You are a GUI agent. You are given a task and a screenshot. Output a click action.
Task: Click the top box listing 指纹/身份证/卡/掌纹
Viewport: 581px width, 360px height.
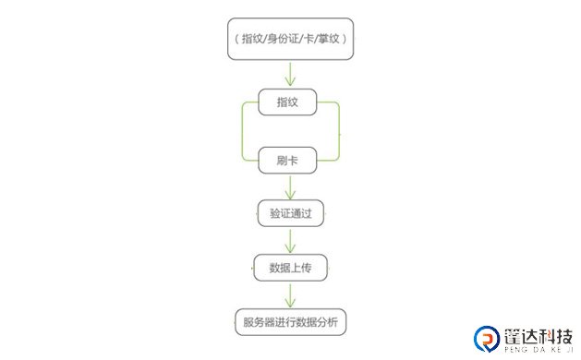pyautogui.click(x=291, y=39)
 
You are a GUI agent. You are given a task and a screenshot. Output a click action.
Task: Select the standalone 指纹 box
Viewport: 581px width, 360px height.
pyautogui.click(x=290, y=102)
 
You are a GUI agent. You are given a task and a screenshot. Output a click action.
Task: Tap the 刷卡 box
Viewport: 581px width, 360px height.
pyautogui.click(x=290, y=160)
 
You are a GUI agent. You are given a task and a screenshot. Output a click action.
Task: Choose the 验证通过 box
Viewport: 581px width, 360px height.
pyautogui.click(x=290, y=214)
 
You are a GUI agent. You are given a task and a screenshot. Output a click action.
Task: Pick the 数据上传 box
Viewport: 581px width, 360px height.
pyautogui.click(x=290, y=268)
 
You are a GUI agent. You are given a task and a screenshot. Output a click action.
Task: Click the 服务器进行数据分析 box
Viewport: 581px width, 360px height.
pyautogui.click(x=290, y=321)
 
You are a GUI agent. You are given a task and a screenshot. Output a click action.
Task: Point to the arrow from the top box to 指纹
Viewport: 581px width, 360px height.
pyautogui.click(x=291, y=74)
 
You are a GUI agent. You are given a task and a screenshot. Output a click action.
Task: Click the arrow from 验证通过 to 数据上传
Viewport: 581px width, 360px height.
pyautogui.click(x=291, y=241)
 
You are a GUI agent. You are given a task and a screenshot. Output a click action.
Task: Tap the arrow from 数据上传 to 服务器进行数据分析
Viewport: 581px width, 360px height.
pyautogui.click(x=291, y=294)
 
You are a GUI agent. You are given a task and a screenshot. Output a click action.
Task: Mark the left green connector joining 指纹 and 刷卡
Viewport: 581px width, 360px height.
pyautogui.click(x=242, y=131)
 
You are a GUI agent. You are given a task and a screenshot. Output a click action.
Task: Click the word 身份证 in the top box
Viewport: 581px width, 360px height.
pyautogui.click(x=285, y=39)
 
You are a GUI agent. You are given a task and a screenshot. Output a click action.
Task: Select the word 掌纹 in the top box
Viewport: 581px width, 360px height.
pyautogui.click(x=330, y=39)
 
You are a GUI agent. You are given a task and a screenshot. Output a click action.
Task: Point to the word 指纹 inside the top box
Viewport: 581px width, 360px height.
pyautogui.click(x=252, y=39)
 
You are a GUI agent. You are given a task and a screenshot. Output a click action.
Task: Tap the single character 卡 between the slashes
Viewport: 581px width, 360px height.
pyautogui.click(x=310, y=39)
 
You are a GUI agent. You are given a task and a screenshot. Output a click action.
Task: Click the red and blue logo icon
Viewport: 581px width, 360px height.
pyautogui.click(x=486, y=339)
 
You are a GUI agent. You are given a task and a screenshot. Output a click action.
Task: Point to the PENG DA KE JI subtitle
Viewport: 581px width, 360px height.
pyautogui.click(x=537, y=351)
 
